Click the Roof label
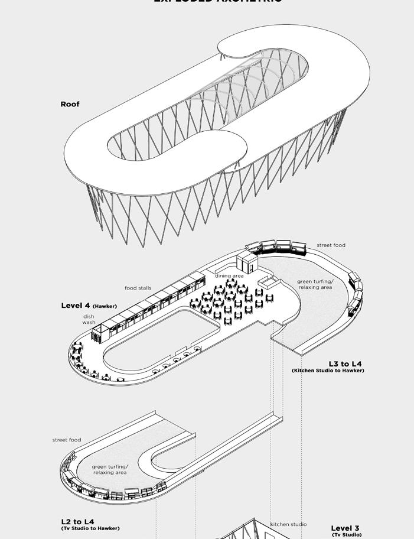point(70,105)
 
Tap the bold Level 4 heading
point(76,306)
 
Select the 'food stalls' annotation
point(138,288)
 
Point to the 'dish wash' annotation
point(89,319)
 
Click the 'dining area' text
point(229,276)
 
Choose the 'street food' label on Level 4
point(331,245)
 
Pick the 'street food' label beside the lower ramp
point(67,440)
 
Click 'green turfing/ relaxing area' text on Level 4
point(315,284)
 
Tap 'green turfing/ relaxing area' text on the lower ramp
point(110,470)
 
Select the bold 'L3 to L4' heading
point(345,363)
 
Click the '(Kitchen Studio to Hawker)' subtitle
point(328,371)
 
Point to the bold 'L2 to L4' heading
point(77,521)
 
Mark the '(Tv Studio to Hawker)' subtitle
point(90,528)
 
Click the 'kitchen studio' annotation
point(288,524)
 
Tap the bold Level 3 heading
point(345,528)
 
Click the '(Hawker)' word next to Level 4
point(105,306)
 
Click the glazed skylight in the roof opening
point(230,89)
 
